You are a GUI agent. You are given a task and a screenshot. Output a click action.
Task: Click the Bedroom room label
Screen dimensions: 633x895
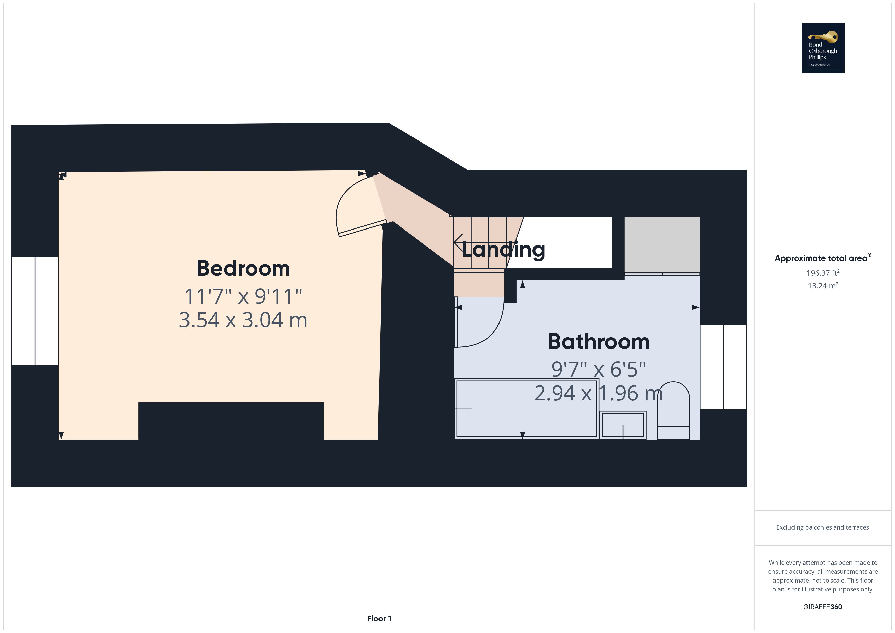[243, 269]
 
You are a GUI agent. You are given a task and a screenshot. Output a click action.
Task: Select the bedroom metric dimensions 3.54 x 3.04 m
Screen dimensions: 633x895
[243, 320]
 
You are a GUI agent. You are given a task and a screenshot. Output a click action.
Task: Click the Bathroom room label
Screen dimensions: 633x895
[599, 342]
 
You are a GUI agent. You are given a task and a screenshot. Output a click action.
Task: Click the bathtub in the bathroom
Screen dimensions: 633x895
[526, 409]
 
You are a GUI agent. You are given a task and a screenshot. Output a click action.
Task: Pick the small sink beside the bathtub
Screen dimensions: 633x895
[623, 425]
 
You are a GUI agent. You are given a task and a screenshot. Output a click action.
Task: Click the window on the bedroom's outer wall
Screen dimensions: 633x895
[35, 311]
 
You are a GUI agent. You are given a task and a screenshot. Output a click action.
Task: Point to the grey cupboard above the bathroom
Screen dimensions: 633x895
[662, 244]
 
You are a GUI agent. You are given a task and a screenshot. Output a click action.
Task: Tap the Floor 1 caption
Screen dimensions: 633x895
[379, 619]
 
